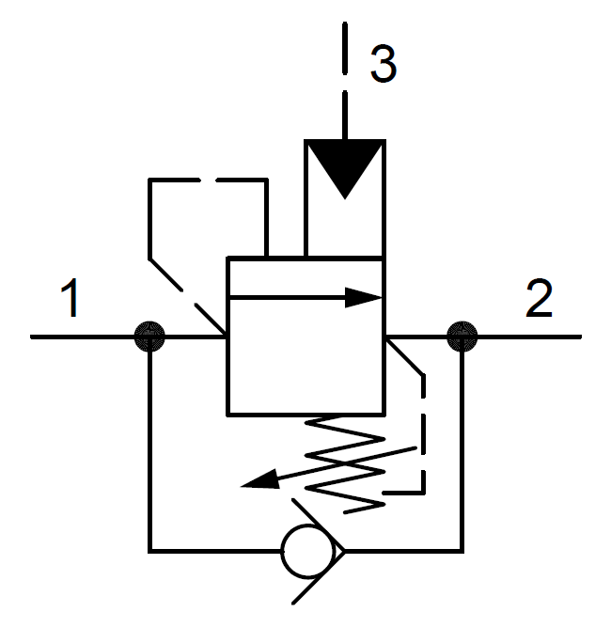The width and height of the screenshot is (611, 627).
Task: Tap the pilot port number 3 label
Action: tap(382, 63)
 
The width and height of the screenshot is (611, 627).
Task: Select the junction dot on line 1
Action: tap(149, 336)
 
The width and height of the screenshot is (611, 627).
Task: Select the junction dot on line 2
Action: tap(462, 336)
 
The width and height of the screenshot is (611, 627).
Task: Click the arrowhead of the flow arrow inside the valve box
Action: tap(367, 298)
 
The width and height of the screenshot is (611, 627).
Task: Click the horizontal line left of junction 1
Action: tap(85, 336)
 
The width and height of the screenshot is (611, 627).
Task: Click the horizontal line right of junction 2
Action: tap(526, 336)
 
